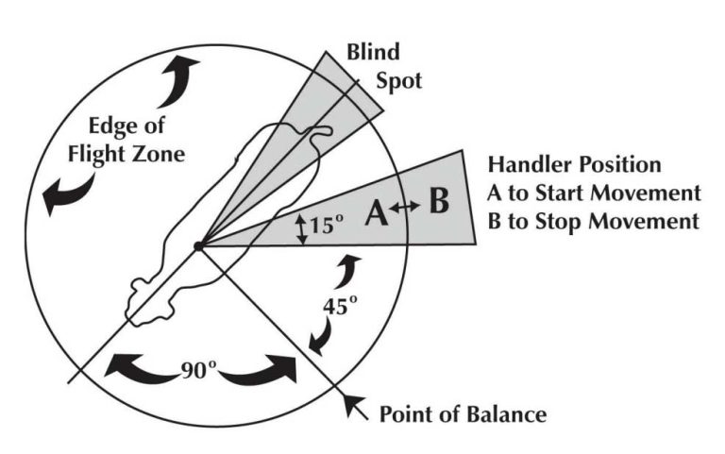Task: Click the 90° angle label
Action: [200, 368]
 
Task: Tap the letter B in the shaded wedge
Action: [438, 203]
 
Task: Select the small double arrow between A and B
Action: [405, 208]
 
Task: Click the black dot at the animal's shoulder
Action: [197, 246]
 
